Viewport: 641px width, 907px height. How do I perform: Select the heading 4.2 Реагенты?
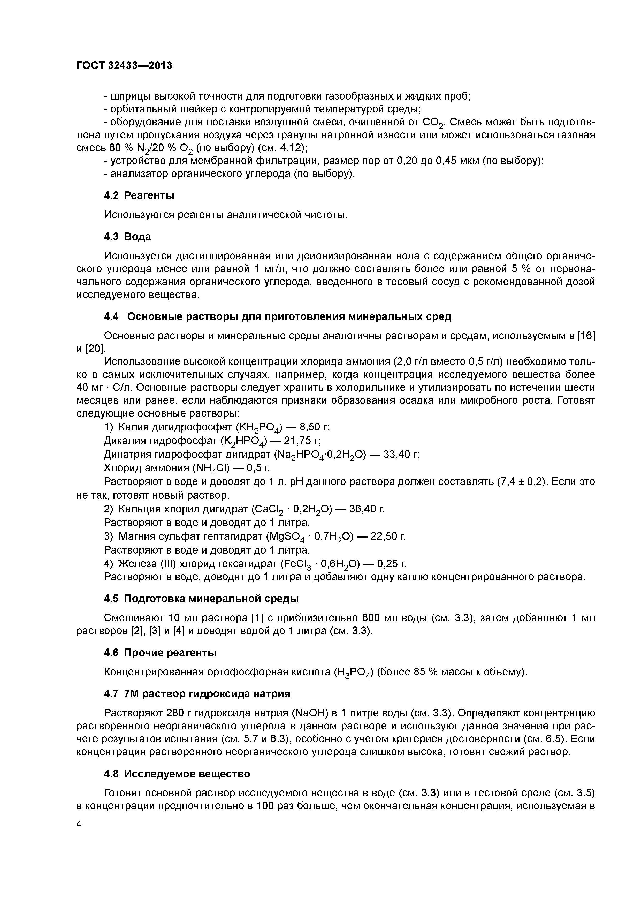139,195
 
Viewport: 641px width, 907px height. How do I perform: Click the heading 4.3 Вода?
127,237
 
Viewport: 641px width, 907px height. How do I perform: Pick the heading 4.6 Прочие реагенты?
160,653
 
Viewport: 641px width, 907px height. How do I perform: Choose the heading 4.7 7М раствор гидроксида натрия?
197,694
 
